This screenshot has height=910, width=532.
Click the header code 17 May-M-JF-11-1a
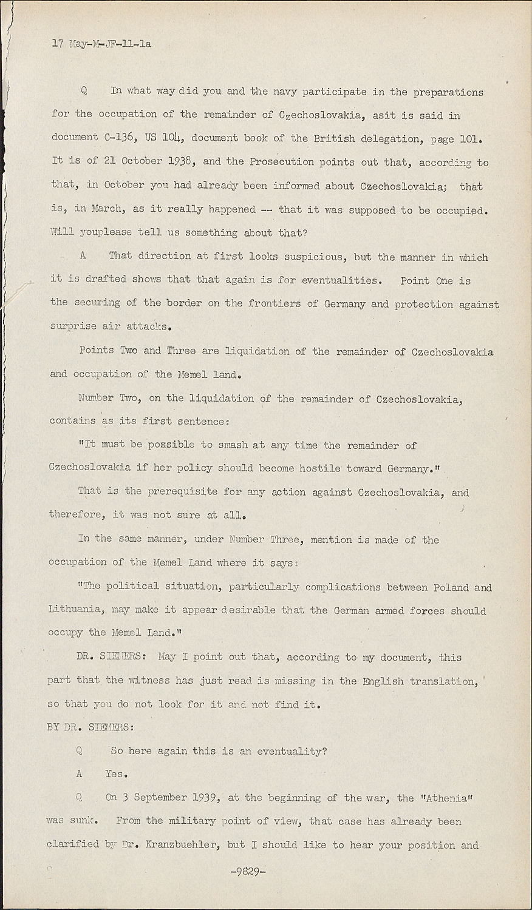(101, 44)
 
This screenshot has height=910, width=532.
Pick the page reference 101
(471, 138)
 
